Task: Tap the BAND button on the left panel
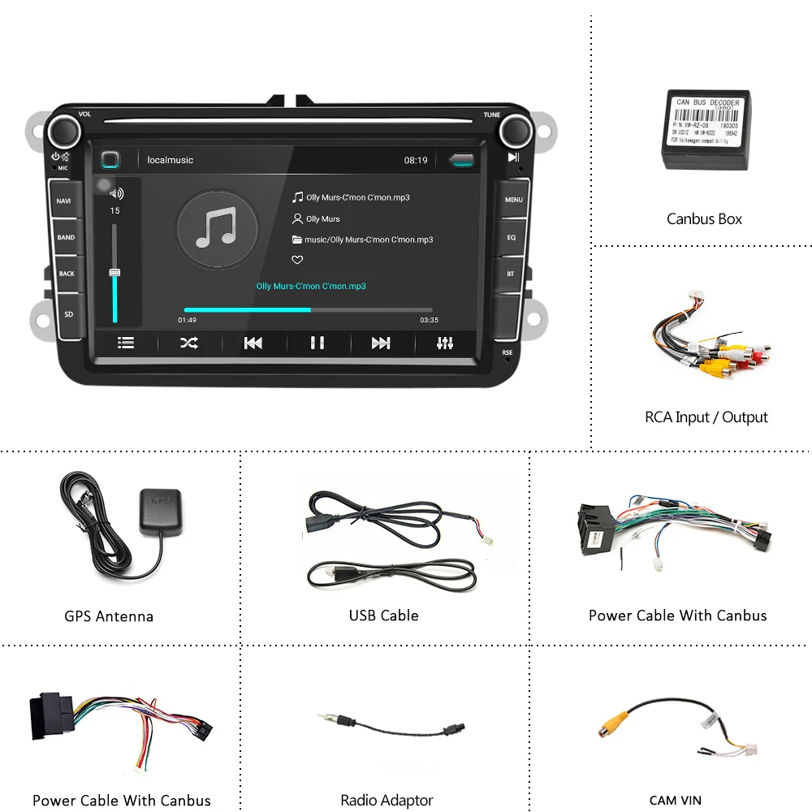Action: click(66, 237)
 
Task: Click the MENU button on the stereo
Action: click(513, 200)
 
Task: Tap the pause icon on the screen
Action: click(317, 343)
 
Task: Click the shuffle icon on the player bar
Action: click(188, 343)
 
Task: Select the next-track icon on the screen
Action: click(381, 343)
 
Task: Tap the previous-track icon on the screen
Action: click(253, 343)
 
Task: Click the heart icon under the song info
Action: click(297, 260)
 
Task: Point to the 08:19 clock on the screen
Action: click(416, 160)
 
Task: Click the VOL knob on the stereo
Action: click(63, 130)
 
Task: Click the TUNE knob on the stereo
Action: click(515, 130)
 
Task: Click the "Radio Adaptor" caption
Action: click(387, 801)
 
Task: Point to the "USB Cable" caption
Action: click(383, 615)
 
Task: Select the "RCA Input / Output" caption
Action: click(706, 417)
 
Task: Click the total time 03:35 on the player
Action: click(429, 320)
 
